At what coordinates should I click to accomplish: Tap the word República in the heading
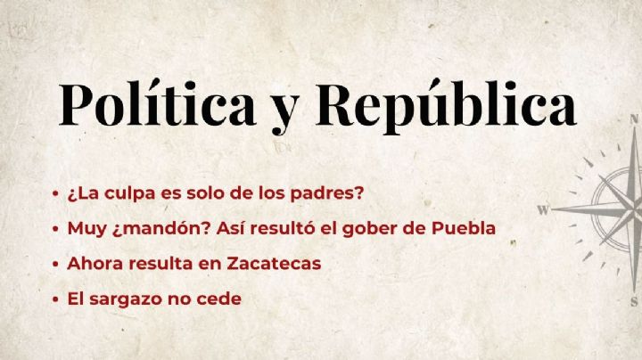point(446,106)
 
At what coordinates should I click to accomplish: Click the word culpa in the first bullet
point(138,192)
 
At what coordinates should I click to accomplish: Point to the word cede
point(221,299)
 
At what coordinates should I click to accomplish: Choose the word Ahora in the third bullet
point(92,264)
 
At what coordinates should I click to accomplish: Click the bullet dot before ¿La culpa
point(55,193)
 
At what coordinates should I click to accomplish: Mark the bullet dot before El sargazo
point(55,300)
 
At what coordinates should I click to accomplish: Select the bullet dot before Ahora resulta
point(55,265)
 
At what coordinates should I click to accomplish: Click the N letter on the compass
point(634,118)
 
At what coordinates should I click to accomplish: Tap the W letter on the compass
point(542,211)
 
